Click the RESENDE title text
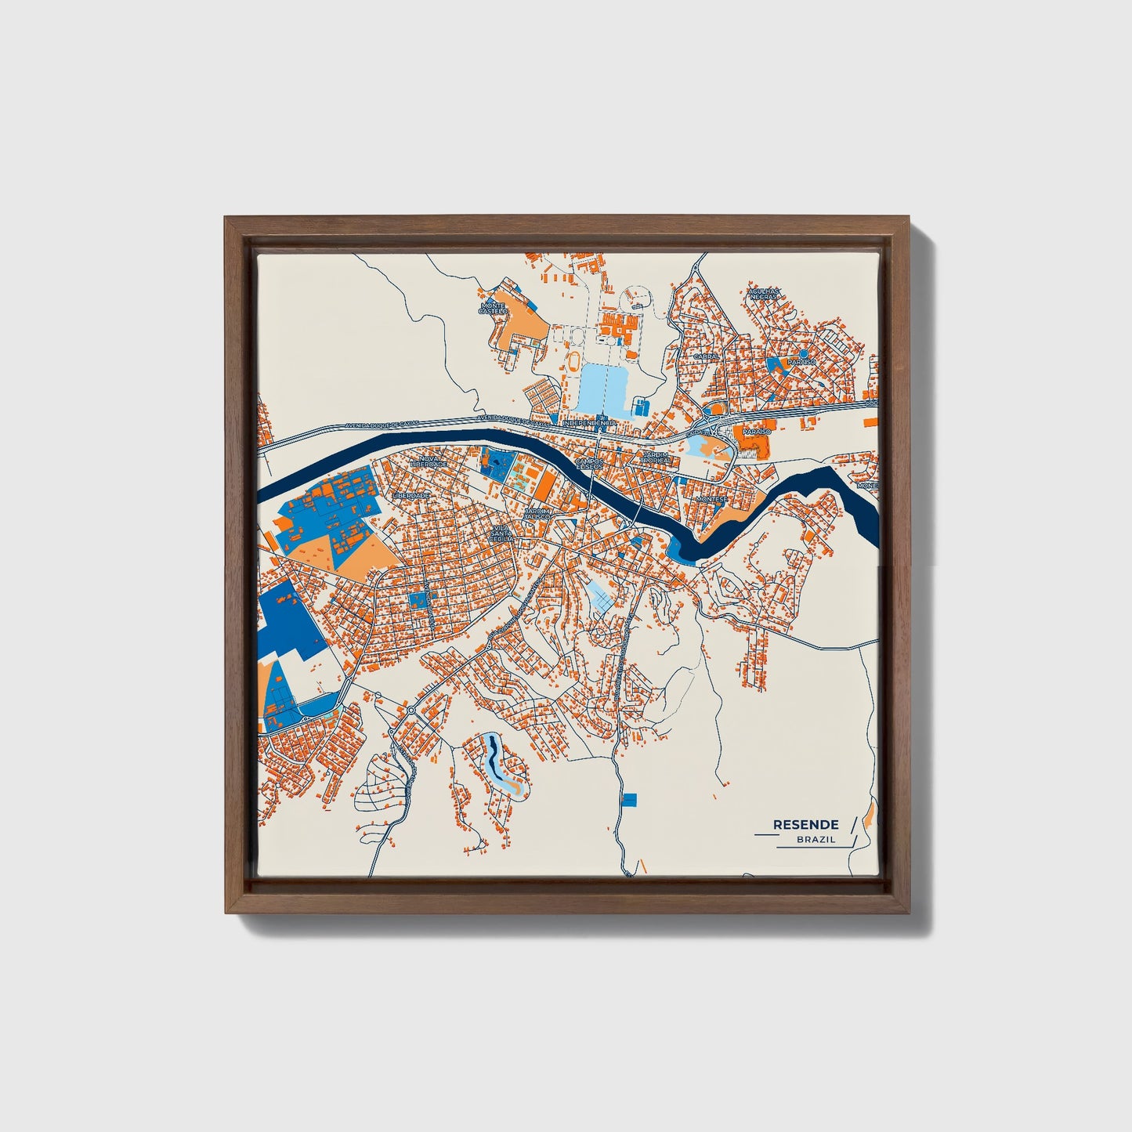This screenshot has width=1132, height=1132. click(x=805, y=824)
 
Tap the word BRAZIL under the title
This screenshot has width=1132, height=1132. click(x=816, y=839)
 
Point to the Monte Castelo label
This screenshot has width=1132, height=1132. click(x=494, y=308)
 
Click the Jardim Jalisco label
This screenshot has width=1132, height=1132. click(x=537, y=514)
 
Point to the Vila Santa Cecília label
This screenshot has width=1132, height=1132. click(x=501, y=533)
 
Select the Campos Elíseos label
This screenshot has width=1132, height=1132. click(x=590, y=464)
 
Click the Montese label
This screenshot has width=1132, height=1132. click(x=711, y=498)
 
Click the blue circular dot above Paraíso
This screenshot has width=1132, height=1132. click(x=803, y=353)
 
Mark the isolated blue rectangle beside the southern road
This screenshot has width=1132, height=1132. click(x=630, y=799)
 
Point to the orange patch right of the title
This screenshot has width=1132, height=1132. click(x=869, y=819)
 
